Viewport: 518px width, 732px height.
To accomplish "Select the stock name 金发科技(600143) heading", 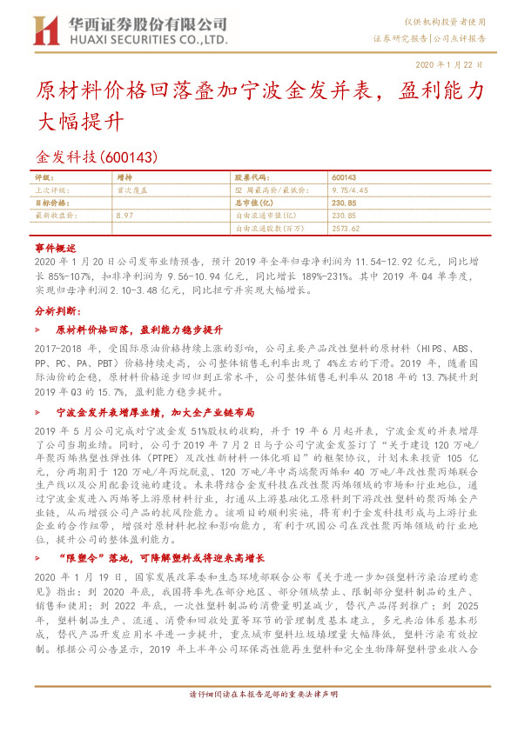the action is point(95,156).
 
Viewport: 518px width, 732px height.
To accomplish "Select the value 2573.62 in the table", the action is point(346,227).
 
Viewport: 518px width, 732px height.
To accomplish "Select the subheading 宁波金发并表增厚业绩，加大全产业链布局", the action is point(155,412).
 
